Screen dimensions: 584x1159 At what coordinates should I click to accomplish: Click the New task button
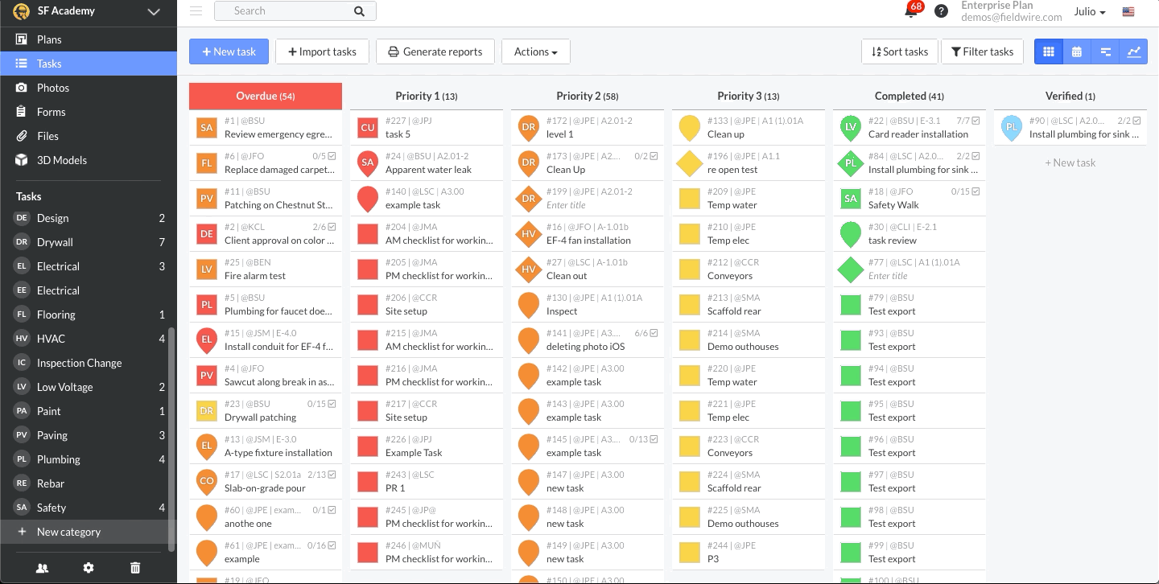tap(229, 51)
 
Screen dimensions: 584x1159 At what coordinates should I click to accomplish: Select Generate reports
tap(435, 51)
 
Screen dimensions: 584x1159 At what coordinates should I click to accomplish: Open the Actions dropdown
tap(535, 51)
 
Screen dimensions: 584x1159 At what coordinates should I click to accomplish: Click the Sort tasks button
tap(899, 51)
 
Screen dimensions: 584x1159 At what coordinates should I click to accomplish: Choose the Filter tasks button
tap(982, 51)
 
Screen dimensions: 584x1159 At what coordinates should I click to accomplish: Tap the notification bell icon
tap(911, 12)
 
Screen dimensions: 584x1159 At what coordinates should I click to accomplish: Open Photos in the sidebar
tap(53, 88)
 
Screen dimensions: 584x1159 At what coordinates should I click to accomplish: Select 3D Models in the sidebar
tap(61, 160)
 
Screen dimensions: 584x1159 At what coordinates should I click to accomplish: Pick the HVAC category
tap(51, 339)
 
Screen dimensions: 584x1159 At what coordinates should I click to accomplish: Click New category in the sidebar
tap(68, 532)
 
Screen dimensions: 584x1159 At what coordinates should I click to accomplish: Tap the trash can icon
tap(135, 568)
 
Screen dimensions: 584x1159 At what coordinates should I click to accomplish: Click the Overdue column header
tap(265, 96)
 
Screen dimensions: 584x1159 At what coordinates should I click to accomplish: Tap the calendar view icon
tap(1077, 51)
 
